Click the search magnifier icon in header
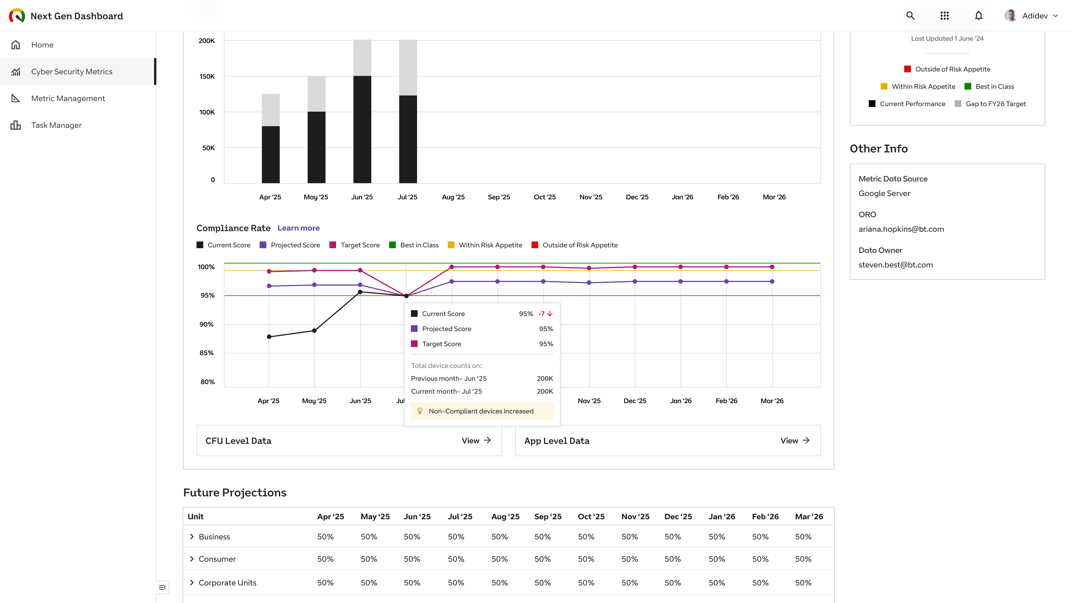tap(910, 16)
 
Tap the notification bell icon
tap(978, 16)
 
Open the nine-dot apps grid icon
tap(944, 16)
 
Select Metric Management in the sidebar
tap(68, 98)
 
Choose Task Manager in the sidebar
tap(56, 125)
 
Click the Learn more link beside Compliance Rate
tap(298, 228)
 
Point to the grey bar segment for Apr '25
tap(271, 110)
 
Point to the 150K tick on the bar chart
tap(207, 76)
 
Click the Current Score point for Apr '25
tap(269, 337)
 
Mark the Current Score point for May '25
tap(314, 331)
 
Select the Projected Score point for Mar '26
tap(772, 282)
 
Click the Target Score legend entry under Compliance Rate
tap(355, 245)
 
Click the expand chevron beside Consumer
tap(192, 559)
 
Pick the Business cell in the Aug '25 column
tap(499, 537)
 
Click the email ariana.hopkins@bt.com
tap(901, 229)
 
